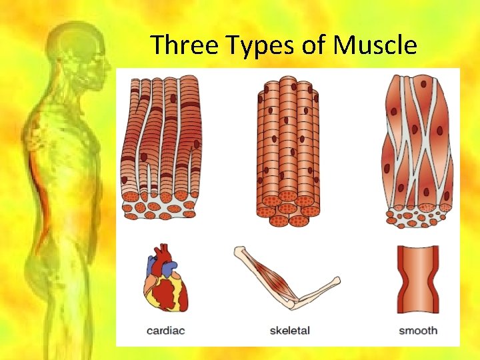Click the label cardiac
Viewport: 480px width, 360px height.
pos(166,330)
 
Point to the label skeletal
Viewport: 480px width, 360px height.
pos(289,330)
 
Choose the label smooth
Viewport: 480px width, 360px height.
pos(418,330)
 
